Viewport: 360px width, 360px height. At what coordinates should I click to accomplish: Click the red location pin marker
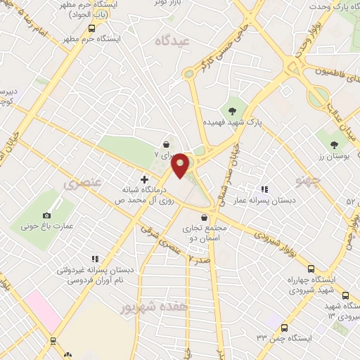(181, 164)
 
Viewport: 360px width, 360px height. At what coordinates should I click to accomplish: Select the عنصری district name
(83, 185)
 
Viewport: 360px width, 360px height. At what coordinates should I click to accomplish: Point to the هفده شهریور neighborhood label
(146, 307)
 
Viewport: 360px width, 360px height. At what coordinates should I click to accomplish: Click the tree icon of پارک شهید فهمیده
(231, 110)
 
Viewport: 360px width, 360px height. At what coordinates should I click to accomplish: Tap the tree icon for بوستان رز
(333, 146)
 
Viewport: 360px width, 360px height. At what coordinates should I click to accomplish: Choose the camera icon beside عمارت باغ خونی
(47, 214)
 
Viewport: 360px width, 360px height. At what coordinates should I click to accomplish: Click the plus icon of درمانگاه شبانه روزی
(145, 179)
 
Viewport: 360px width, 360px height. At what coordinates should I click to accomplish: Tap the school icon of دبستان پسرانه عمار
(264, 189)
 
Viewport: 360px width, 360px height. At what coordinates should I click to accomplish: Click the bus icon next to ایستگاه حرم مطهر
(92, 29)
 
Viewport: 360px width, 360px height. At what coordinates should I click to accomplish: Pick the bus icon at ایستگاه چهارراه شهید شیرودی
(311, 268)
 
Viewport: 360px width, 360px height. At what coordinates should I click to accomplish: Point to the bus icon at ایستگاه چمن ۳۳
(284, 328)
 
